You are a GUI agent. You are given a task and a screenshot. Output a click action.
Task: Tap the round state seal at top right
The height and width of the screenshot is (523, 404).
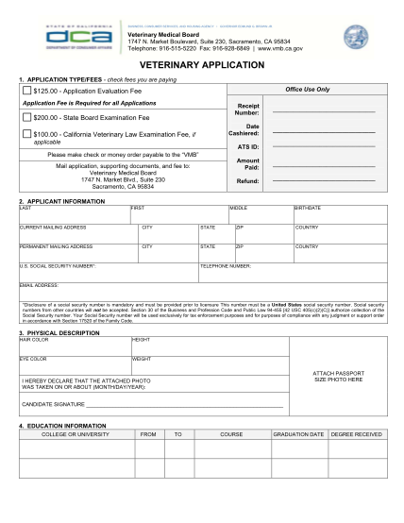pyautogui.click(x=360, y=34)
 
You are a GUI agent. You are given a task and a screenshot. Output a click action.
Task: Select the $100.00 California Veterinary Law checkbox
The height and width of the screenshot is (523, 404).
pyautogui.click(x=26, y=135)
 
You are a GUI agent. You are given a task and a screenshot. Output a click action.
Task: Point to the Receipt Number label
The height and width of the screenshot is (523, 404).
pyautogui.click(x=247, y=110)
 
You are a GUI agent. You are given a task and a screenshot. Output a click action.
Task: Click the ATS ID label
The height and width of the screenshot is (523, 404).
pyautogui.click(x=248, y=147)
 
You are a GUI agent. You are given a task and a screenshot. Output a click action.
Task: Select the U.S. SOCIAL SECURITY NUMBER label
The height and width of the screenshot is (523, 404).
pyautogui.click(x=58, y=266)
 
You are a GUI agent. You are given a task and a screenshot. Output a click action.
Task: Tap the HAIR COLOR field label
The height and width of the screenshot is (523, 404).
pyautogui.click(x=33, y=339)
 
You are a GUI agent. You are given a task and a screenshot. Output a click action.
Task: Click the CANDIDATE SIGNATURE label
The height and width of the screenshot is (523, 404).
pyautogui.click(x=55, y=406)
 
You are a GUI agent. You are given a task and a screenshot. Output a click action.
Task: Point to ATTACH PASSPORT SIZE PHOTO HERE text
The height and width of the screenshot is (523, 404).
pyautogui.click(x=337, y=376)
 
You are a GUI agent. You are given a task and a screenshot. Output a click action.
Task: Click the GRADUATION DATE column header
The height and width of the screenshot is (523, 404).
pyautogui.click(x=298, y=433)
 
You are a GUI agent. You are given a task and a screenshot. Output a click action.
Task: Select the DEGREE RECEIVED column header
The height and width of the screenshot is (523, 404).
pyautogui.click(x=356, y=433)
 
